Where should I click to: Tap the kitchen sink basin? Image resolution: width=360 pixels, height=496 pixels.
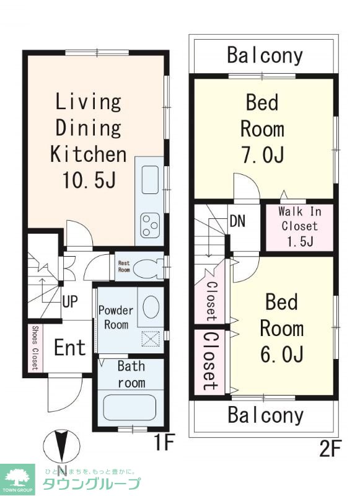coord(150,180)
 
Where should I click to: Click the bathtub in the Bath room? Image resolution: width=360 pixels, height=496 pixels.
coord(130,407)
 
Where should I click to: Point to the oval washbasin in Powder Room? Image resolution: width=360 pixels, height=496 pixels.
coord(151,306)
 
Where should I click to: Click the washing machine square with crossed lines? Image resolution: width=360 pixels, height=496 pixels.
coord(151,339)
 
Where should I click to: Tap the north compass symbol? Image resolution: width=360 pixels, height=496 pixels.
coord(61,446)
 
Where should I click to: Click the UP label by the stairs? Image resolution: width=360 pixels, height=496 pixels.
coord(70,301)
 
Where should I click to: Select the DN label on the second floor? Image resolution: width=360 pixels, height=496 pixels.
coord(238,221)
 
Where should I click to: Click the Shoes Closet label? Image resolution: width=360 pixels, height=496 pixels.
coord(35,348)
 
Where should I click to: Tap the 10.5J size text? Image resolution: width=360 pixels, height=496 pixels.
coord(89,180)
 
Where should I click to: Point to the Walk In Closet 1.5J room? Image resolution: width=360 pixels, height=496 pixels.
coord(299,228)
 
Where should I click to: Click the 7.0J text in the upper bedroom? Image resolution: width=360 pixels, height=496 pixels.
coord(263,154)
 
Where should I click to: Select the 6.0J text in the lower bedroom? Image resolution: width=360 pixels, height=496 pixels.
coord(282,353)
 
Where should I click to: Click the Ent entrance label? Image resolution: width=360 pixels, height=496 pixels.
coord(69,347)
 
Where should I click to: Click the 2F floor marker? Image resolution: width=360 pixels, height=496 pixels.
coord(330,449)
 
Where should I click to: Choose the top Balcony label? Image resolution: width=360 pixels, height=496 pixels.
coord(265,56)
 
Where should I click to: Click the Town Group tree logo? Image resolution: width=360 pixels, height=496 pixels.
coord(17,479)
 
